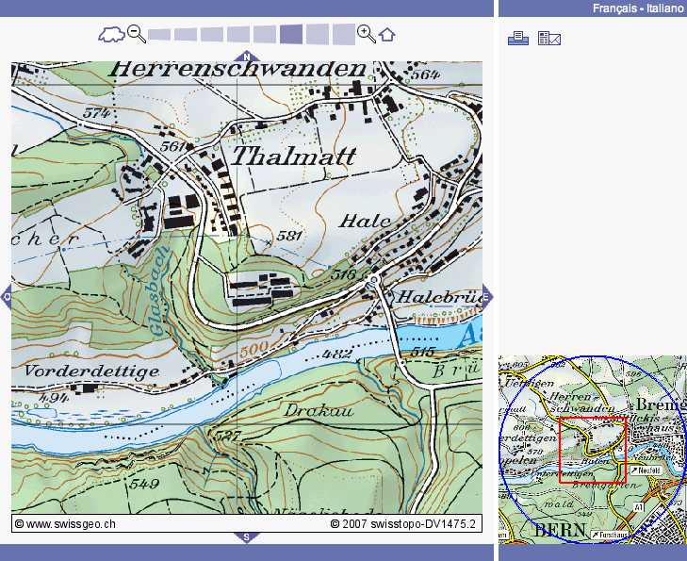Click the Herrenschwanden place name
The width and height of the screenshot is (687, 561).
237,70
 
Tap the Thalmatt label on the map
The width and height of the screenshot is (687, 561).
293,157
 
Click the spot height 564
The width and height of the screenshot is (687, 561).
426,74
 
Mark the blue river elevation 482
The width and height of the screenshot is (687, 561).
337,355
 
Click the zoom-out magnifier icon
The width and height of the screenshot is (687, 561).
137,35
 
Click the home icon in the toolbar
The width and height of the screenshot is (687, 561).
387,35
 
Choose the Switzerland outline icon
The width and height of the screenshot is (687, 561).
111,36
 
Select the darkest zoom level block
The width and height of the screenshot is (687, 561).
291,35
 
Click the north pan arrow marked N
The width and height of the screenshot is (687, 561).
247,57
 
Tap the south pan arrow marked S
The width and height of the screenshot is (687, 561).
247,537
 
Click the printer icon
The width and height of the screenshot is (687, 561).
517,38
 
